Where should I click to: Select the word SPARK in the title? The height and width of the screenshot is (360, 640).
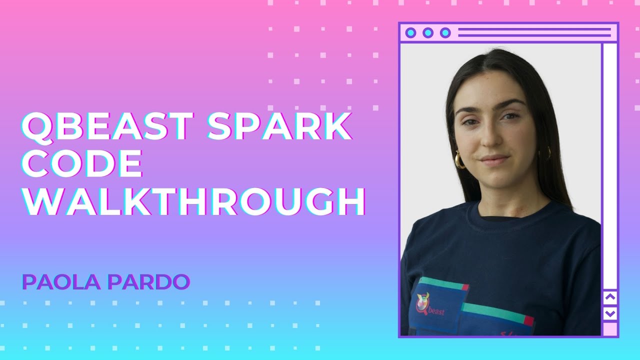[279, 126]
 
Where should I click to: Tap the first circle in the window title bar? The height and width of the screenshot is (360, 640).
[410, 33]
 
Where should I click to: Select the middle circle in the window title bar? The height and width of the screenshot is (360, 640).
[427, 33]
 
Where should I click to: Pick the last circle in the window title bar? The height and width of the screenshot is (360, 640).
[445, 33]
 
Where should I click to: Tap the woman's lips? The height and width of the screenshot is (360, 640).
[493, 159]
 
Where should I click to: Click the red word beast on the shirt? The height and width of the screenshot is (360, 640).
[436, 313]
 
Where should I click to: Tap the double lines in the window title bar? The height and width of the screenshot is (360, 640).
[534, 33]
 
